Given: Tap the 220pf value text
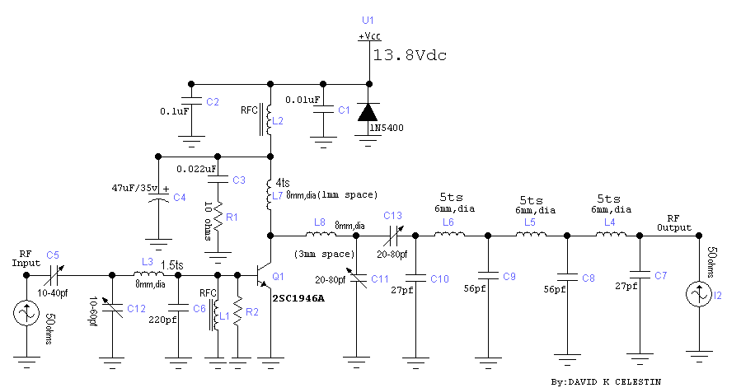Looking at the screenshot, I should click(162, 320).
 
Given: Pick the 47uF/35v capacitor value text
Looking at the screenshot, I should click(141, 188).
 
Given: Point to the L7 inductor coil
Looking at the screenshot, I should click(270, 195).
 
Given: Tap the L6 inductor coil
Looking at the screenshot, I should click(450, 236).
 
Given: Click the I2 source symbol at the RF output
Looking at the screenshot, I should click(699, 293).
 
